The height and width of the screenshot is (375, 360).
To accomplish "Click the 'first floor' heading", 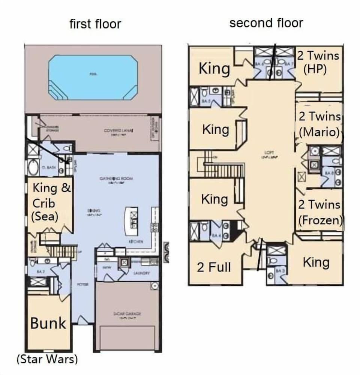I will click(95, 24).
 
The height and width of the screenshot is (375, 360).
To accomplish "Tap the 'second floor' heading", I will click(266, 23).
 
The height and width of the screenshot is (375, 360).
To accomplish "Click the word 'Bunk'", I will click(48, 323).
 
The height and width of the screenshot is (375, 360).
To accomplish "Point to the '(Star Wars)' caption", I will click(47, 359).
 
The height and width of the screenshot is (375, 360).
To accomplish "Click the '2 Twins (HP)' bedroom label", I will click(318, 63).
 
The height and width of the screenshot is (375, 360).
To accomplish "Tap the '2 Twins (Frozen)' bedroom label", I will click(320, 212).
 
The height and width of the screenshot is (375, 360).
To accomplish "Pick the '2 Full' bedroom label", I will click(214, 267).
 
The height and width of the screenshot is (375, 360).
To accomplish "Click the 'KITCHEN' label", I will click(136, 242).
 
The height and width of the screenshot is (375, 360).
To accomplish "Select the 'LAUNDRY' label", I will click(142, 273).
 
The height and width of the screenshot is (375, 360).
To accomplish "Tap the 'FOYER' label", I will click(82, 285).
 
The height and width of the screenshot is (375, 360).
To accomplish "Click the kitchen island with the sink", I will click(133, 218).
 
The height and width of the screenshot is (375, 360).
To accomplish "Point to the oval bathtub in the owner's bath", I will click(33, 168).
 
